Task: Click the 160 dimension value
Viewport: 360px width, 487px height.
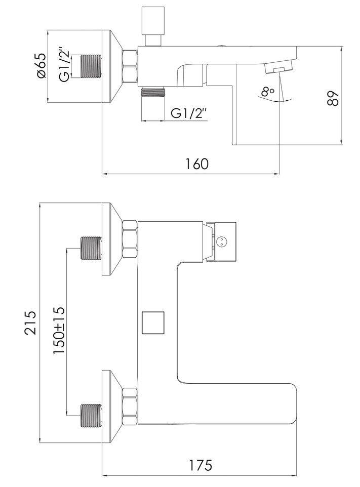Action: click(197, 164)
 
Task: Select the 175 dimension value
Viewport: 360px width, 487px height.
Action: click(201, 465)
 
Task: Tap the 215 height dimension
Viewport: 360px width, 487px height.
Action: click(30, 322)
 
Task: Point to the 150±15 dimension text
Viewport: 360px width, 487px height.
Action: click(59, 330)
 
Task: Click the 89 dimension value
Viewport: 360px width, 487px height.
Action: click(332, 98)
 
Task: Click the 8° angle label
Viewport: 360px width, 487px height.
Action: click(268, 92)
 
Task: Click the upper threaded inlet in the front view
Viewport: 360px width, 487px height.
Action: click(91, 248)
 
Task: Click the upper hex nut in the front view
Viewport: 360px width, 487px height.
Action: click(130, 239)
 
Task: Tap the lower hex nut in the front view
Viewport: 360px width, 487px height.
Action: click(130, 406)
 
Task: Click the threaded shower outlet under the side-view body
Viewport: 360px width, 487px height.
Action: click(153, 92)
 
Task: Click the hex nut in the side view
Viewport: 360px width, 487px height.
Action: click(130, 66)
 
